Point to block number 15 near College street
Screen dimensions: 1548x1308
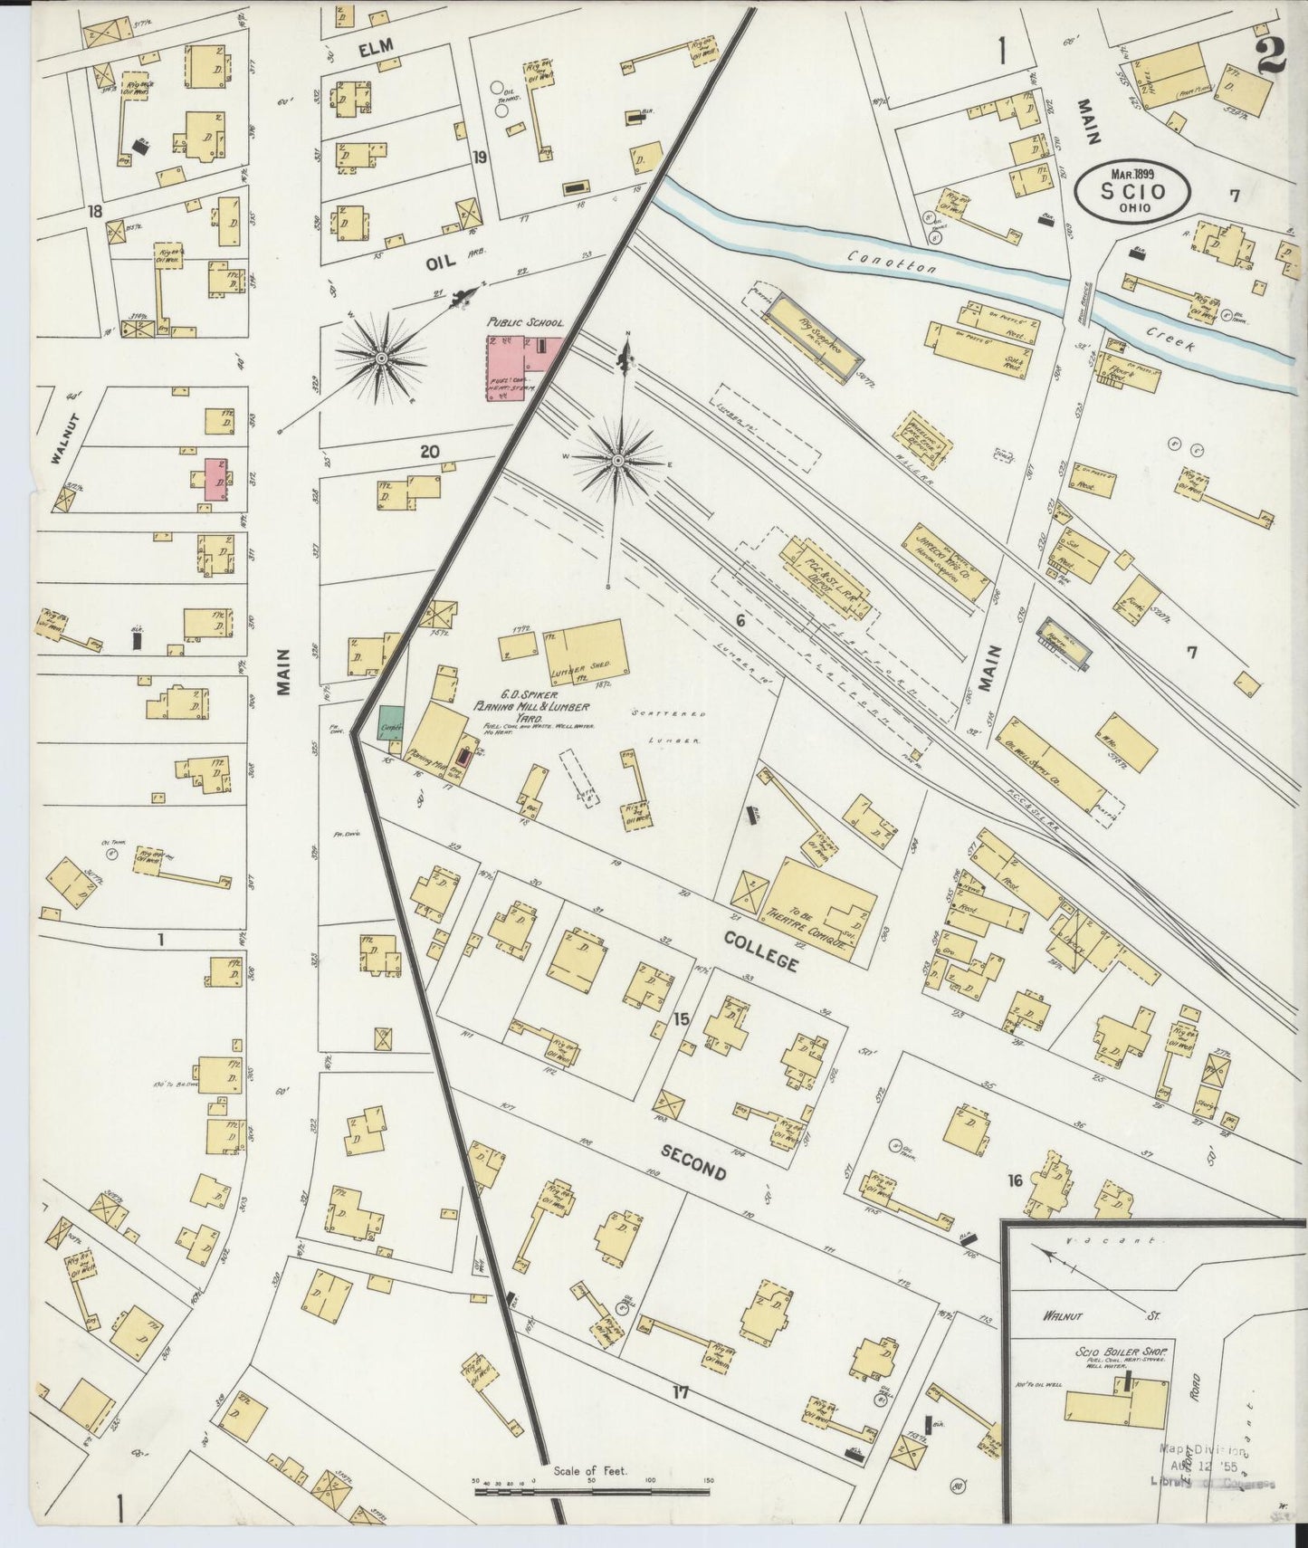pyautogui.click(x=682, y=1019)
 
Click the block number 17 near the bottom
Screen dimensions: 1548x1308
pyautogui.click(x=680, y=1418)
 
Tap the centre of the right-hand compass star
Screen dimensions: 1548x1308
pyautogui.click(x=617, y=462)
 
